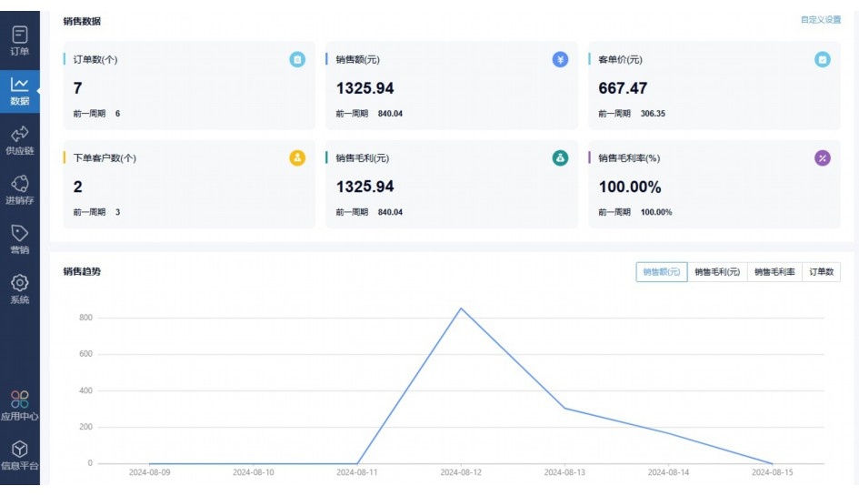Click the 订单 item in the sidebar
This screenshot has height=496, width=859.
coord(19,40)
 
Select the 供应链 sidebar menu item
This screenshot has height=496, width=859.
coord(19,139)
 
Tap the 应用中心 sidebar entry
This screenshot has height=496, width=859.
coord(19,405)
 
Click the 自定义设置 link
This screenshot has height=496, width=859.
coord(820,19)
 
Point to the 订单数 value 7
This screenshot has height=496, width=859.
coord(78,88)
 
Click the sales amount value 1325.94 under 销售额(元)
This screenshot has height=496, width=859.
coord(365,88)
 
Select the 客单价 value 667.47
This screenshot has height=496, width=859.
coord(623,88)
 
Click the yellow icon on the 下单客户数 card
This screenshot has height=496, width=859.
coord(297,157)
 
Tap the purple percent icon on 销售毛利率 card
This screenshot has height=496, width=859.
coord(823,157)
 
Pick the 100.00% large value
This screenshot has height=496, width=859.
coord(630,187)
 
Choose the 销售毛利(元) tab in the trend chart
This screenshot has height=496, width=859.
coord(717,271)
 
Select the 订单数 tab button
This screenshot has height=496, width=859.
coord(821,271)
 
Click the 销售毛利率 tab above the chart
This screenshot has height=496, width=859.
coord(774,271)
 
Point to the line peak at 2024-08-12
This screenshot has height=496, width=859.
coord(461,309)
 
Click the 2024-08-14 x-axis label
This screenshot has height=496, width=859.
coord(668,472)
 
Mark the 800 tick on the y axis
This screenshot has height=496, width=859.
coord(85,318)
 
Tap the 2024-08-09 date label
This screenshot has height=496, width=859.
coord(150,472)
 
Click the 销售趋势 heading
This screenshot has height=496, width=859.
coord(82,271)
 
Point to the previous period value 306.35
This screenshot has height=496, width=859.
coord(653,114)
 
